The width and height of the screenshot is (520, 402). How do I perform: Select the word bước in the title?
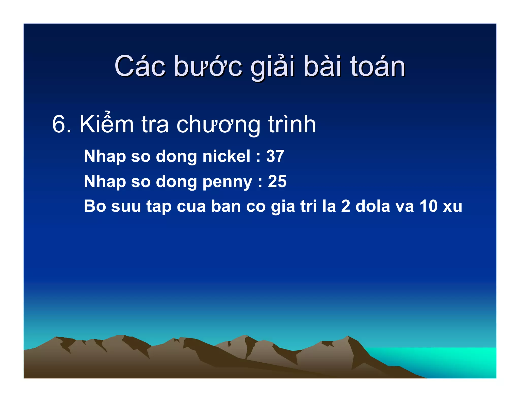[x=208, y=67]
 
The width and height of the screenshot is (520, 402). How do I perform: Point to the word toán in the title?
[x=378, y=67]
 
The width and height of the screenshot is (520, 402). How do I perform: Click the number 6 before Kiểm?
[x=58, y=125]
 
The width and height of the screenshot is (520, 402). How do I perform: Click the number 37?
[x=275, y=156]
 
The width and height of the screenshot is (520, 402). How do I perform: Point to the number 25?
[x=277, y=181]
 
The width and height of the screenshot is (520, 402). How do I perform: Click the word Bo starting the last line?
[x=95, y=206]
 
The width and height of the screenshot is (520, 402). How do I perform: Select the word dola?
[x=372, y=206]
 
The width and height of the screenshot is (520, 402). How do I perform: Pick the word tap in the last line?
[x=159, y=207]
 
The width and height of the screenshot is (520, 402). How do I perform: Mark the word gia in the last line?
[x=283, y=207]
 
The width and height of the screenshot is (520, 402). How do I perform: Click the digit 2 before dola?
[x=346, y=206]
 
